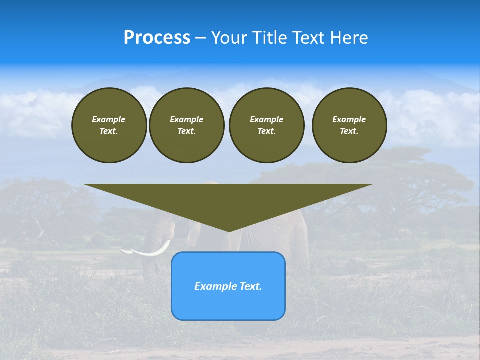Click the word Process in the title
click(157, 38)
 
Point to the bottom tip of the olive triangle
click(229, 230)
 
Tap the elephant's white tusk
click(150, 251)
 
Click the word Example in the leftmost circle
click(109, 119)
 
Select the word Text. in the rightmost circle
click(349, 131)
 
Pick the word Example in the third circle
click(266, 119)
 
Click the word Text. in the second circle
click(186, 131)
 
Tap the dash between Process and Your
click(201, 38)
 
